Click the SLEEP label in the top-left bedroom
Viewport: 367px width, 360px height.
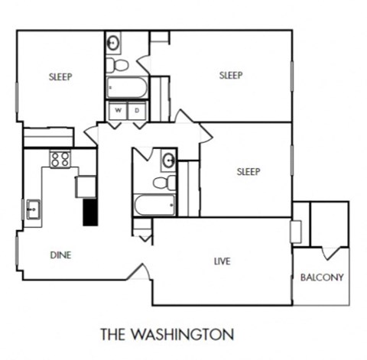(60, 76)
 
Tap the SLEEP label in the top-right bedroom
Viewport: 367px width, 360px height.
(230, 75)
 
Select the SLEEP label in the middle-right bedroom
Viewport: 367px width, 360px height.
(248, 171)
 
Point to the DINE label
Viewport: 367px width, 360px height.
(60, 255)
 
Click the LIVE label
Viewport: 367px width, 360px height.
(222, 261)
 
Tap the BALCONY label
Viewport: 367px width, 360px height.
(321, 277)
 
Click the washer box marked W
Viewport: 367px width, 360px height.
(119, 111)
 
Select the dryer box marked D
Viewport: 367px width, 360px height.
(137, 111)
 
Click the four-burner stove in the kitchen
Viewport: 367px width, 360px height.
(60, 159)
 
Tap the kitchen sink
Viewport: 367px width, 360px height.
(34, 208)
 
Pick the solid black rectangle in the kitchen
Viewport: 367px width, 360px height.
(90, 211)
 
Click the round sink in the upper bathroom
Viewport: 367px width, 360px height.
(114, 42)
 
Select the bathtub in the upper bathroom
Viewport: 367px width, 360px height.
(126, 87)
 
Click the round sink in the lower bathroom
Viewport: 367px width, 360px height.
(168, 161)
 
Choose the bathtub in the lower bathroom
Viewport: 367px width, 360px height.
(155, 205)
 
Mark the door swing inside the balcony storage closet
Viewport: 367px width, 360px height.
(330, 253)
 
